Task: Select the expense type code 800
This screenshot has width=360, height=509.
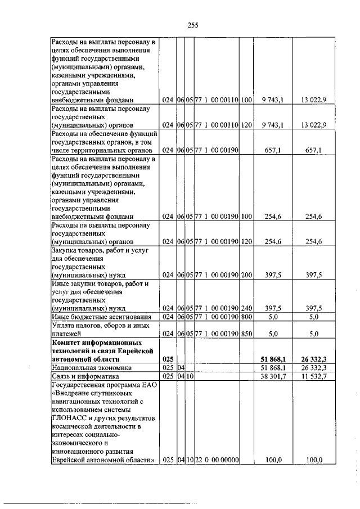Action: (246, 317)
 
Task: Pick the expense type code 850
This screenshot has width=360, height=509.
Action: (246, 334)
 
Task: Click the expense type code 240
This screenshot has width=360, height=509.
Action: (246, 308)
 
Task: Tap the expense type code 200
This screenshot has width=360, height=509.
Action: (246, 275)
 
